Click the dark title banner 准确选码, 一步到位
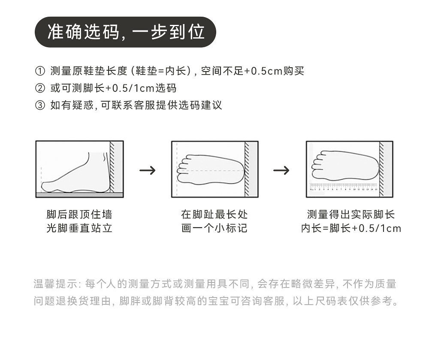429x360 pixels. pos(125,32)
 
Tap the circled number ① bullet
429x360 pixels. pos(39,71)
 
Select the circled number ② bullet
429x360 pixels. pos(39,88)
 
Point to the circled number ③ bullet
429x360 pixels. pos(39,105)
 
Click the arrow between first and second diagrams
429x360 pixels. pos(148,170)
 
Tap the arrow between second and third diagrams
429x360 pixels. pos(281,170)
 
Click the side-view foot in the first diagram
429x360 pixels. pos(77,176)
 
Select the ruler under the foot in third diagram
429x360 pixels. pos(343,187)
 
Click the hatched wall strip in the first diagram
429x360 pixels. pos(112,167)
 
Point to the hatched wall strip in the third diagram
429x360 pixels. pos(381,169)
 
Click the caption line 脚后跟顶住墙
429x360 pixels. pos(79,215)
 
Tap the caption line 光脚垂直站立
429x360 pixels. pos(79,228)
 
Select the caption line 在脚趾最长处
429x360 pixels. pos(214,215)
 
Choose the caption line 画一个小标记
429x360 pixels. pos(214,228)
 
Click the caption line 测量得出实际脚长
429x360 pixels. pos(351,215)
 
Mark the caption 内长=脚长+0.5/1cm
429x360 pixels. pos(351,228)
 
